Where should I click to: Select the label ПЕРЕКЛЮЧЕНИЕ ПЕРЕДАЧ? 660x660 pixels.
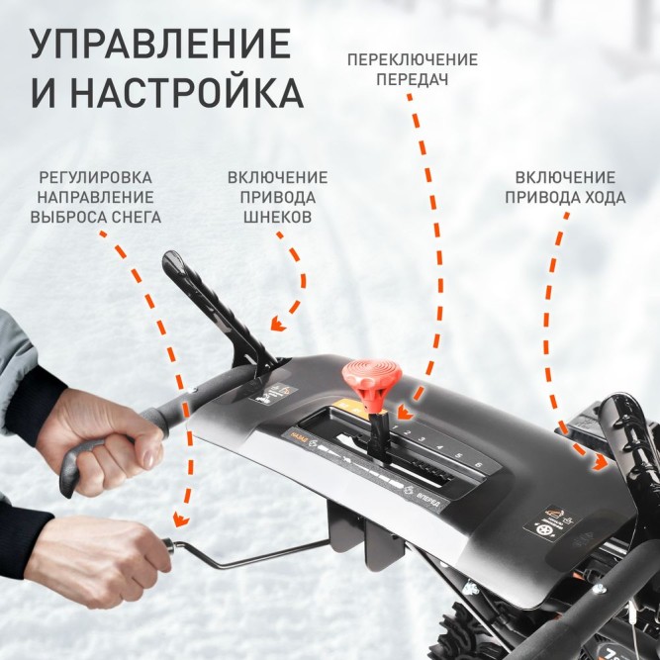412,69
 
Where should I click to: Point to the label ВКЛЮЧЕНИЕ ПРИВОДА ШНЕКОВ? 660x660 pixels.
277,197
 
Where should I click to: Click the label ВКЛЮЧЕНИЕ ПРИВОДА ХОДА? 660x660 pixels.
565,187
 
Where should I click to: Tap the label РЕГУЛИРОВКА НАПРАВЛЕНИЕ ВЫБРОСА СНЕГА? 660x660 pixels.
95,197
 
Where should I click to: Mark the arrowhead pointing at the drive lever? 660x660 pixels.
599,461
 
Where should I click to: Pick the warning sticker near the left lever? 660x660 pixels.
268,395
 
